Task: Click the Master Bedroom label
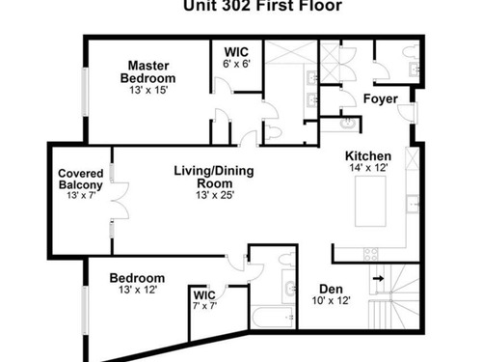click(x=148, y=72)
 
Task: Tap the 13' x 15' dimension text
click(x=148, y=90)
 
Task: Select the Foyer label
click(x=381, y=98)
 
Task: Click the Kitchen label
click(x=368, y=156)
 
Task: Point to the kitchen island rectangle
click(x=370, y=201)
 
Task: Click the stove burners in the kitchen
click(x=371, y=254)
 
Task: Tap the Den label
click(x=331, y=289)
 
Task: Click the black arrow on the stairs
click(x=378, y=278)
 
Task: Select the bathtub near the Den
click(x=273, y=318)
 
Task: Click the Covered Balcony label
click(x=81, y=180)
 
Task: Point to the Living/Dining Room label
click(x=214, y=177)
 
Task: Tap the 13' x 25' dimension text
click(x=215, y=195)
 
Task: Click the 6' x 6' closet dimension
click(x=236, y=64)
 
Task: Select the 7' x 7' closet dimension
click(x=204, y=305)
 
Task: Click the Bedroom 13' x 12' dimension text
click(x=138, y=290)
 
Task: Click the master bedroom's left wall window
click(x=85, y=92)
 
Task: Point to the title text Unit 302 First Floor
click(x=262, y=6)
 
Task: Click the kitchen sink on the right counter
click(x=413, y=204)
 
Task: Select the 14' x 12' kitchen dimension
click(x=369, y=168)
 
